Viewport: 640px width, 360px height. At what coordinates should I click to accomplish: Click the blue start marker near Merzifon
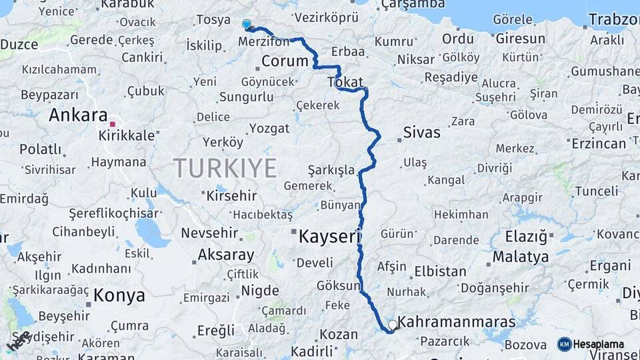click(247, 25)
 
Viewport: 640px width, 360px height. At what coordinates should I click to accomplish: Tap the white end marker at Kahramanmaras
click(393, 325)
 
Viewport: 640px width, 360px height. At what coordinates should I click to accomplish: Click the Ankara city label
click(78, 115)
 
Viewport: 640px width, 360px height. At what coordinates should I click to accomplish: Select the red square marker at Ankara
click(113, 124)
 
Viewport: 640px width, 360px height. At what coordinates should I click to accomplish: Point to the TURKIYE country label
click(225, 168)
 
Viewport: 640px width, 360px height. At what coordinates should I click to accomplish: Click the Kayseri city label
click(329, 236)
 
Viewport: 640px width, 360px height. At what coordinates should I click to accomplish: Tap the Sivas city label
click(421, 133)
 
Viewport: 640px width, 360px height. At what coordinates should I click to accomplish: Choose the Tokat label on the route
click(345, 83)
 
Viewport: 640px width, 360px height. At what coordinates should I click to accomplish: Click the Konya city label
click(119, 295)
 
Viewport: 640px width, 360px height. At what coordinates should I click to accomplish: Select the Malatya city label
click(521, 257)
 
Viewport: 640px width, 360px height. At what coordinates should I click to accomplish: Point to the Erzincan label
click(599, 143)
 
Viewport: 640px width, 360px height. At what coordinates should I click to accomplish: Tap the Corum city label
click(285, 61)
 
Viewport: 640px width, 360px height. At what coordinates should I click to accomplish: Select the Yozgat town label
click(269, 129)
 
